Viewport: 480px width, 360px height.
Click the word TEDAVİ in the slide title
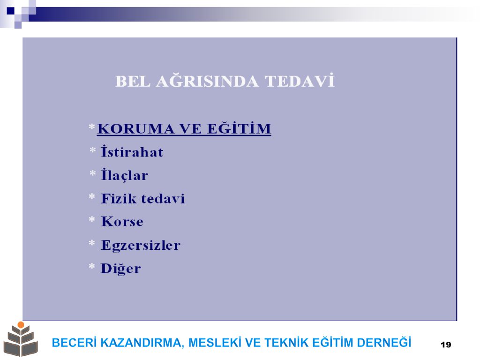tap(300, 81)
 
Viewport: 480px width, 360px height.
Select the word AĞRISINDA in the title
tap(207, 81)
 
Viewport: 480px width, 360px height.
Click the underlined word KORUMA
tap(135, 129)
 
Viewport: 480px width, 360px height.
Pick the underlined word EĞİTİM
tap(239, 128)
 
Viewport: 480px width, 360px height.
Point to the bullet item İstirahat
tap(132, 151)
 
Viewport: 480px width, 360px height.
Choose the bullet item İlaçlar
tap(125, 175)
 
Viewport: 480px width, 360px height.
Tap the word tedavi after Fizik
tap(163, 199)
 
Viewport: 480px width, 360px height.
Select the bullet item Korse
tap(122, 222)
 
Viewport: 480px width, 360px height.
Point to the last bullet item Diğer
tap(121, 269)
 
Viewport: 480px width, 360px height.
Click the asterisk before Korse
tap(92, 219)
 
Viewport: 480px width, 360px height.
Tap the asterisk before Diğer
tap(92, 267)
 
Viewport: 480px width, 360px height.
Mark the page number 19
tap(446, 345)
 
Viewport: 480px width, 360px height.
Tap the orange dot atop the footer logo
tap(21, 324)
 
